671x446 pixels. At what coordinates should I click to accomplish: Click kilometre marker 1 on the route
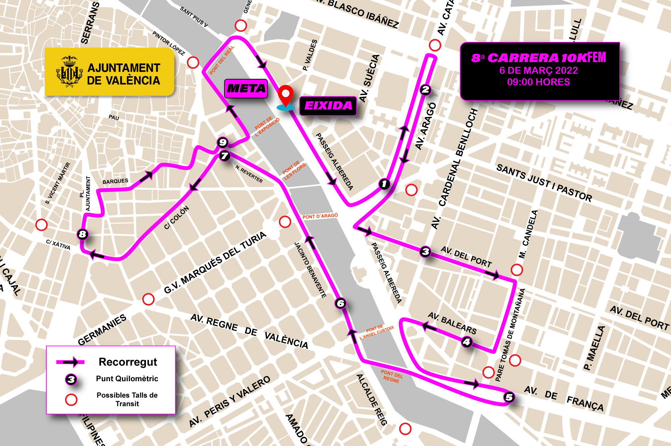point(384,184)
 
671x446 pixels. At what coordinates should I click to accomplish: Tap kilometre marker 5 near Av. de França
point(509,397)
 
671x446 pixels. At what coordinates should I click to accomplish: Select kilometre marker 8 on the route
point(83,234)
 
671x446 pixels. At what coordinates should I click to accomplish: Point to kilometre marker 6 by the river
point(341,303)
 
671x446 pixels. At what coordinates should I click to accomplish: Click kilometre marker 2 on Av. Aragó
point(425,90)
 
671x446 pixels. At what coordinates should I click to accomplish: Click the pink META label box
point(246,89)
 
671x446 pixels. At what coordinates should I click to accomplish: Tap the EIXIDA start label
point(328,106)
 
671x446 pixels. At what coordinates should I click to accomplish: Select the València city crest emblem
point(69,71)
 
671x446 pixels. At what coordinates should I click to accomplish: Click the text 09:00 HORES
point(538,82)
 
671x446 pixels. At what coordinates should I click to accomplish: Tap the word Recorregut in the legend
point(128,362)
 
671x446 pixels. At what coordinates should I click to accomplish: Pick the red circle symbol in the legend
point(71,399)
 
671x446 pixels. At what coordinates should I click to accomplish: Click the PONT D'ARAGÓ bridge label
point(320,216)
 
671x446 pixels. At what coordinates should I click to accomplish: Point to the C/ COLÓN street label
point(176,218)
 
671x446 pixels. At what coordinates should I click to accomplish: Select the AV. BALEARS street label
point(452,323)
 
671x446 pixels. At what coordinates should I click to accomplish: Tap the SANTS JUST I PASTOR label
point(544,183)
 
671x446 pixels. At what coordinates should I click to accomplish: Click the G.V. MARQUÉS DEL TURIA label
point(215,262)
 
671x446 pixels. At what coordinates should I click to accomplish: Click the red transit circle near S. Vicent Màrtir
point(41,225)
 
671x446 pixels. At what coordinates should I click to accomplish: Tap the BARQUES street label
point(115,181)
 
